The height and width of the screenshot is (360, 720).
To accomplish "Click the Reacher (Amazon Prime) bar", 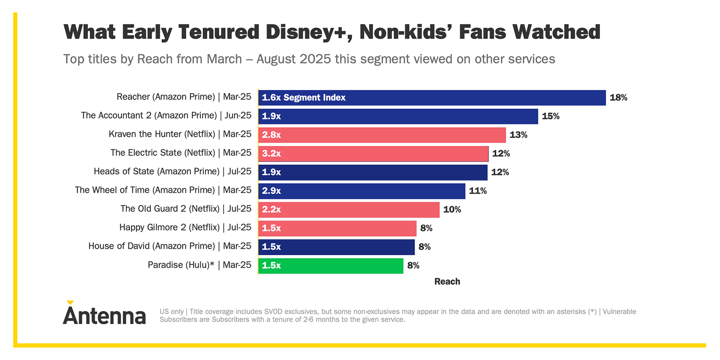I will click(x=432, y=98).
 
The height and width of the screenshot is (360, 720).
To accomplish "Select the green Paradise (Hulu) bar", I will click(x=331, y=265).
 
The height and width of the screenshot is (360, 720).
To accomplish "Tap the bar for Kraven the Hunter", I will click(x=382, y=135).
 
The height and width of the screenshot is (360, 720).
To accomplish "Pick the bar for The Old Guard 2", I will click(x=349, y=209).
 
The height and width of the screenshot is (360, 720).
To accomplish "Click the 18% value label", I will click(x=618, y=98).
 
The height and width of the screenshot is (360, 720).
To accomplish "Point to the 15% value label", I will click(x=550, y=116).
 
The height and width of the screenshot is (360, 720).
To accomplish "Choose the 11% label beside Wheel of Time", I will click(x=478, y=191).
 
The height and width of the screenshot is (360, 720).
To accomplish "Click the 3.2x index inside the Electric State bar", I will click(x=271, y=153).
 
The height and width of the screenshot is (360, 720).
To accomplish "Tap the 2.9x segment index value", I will click(x=271, y=191).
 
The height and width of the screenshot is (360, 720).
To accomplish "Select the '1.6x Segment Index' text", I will click(x=303, y=98).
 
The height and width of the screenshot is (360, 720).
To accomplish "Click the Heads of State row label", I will click(x=172, y=172).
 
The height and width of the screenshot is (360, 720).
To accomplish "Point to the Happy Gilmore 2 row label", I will click(x=185, y=227).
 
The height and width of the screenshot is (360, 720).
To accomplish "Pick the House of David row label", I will click(x=170, y=246).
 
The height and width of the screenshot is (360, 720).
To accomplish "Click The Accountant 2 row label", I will click(x=166, y=115).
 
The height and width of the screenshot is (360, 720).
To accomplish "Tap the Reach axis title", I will click(x=447, y=281).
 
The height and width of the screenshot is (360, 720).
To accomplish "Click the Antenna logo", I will click(x=104, y=313).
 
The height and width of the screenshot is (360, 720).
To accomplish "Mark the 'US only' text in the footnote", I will click(x=172, y=312).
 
